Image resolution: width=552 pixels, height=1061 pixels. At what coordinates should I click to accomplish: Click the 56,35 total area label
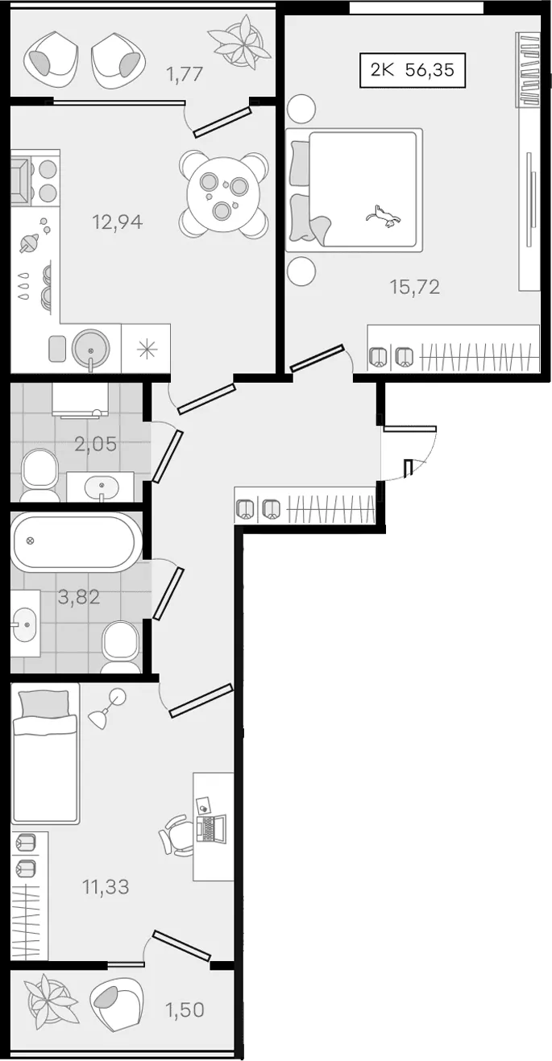pos(430,70)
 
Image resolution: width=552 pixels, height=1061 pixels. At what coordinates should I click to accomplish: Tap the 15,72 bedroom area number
pos(415,287)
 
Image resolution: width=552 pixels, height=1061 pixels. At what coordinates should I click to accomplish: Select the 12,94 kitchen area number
pos(118,222)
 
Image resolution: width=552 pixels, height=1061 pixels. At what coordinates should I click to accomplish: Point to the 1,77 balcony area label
pos(185,74)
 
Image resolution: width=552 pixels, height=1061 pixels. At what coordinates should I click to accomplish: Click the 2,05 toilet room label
pos(96,444)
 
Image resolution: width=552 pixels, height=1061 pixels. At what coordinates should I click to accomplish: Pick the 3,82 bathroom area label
pos(79,597)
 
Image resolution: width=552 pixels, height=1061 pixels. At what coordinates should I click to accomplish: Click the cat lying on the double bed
pos(383,216)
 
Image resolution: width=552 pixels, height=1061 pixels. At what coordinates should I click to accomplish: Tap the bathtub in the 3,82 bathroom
pos(77,542)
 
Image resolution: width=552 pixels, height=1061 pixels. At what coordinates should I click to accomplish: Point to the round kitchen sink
pos(90,348)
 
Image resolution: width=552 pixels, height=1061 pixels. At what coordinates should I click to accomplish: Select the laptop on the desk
pos(211,829)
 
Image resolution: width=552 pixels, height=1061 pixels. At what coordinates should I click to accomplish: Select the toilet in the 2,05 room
pos(39,475)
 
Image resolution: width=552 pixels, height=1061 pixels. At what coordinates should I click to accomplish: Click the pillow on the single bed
pos(43,703)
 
